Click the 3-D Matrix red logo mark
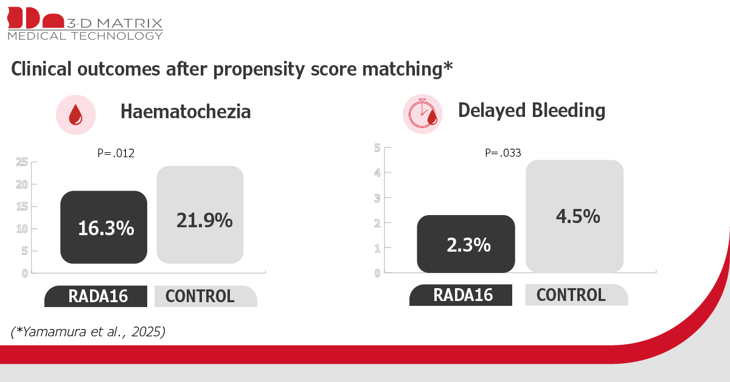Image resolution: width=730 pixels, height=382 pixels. coord(35,18)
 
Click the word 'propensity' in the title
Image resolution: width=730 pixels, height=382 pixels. coord(259,69)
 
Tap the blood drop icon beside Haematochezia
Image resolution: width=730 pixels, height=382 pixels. coord(75,115)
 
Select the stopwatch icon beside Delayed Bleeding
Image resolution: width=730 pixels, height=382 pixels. coord(422,113)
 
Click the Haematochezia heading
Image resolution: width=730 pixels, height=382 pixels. coord(186,111)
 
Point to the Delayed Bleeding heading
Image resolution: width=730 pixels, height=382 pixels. coord(532,110)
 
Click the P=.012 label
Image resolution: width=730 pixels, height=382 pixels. coord(116,153)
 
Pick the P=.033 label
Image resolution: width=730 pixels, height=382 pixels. coord(503,153)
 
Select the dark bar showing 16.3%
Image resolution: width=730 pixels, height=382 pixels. coord(103,227)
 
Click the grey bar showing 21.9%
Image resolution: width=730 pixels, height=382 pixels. coord(200,214)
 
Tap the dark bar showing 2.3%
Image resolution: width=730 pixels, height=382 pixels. coord(466,244)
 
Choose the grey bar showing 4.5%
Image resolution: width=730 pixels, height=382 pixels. coord(574,216)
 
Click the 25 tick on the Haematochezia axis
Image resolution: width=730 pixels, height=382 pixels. coord(22,162)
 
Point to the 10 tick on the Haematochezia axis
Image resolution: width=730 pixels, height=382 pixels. coord(22,229)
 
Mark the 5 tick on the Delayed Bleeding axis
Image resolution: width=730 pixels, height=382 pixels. coord(377,148)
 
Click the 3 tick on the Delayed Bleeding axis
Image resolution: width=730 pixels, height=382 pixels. coord(377,198)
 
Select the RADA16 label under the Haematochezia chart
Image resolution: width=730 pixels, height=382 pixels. coord(98,297)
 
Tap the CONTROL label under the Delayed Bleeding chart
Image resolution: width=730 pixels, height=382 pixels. coord(571,295)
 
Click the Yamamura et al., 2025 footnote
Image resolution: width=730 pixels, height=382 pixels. coord(88,331)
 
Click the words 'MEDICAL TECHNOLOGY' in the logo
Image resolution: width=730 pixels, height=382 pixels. coord(85,35)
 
